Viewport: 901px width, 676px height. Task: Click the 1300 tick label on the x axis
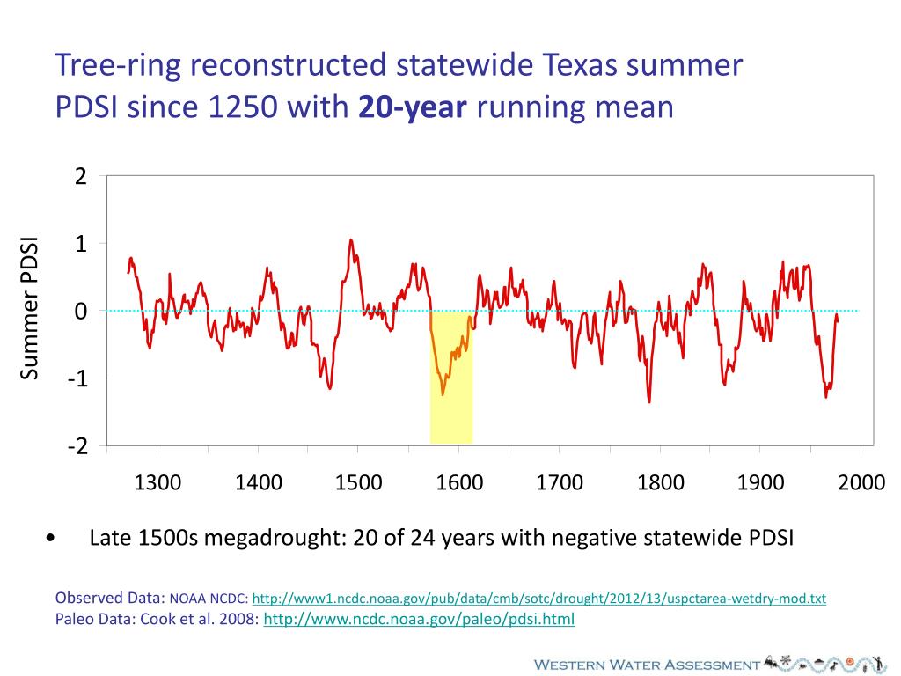[x=157, y=482]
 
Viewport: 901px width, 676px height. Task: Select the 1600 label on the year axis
[x=458, y=482]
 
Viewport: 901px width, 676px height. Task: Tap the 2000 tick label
[x=861, y=482]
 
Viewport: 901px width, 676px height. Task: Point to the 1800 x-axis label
[x=660, y=482]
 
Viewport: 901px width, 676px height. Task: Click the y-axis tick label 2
[x=81, y=177]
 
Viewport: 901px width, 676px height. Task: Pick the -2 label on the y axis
[x=77, y=445]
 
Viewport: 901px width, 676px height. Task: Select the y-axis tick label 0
[x=81, y=312]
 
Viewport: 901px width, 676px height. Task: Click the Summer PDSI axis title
[x=31, y=309]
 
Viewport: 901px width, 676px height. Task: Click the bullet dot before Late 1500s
[x=55, y=538]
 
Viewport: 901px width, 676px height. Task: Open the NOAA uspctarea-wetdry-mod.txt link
[x=538, y=599]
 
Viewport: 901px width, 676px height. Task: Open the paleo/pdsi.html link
[x=419, y=619]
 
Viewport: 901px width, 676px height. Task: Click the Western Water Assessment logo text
[x=647, y=665]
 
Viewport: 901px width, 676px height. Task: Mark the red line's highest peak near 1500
[x=351, y=239]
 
